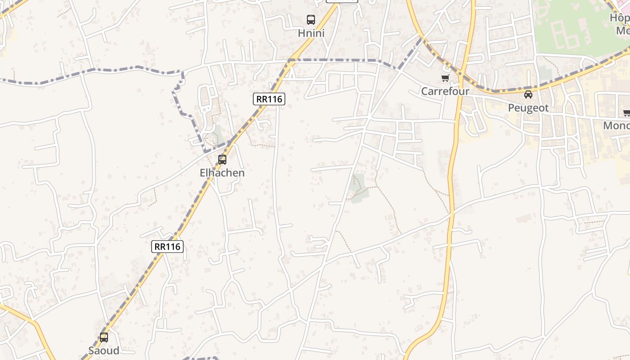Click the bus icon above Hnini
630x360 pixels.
[x=311, y=20]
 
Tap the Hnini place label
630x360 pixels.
[x=311, y=33]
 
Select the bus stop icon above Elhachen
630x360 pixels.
[x=222, y=159]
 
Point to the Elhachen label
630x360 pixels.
[x=222, y=173]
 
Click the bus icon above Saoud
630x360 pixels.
[x=104, y=337]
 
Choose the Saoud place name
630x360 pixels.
[x=104, y=351]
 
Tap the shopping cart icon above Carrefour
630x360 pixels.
[x=445, y=78]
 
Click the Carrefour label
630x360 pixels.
[x=445, y=91]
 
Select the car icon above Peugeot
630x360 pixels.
[x=528, y=94]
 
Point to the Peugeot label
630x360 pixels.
[x=528, y=108]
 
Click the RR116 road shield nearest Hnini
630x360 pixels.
[x=270, y=99]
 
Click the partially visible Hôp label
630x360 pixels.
[x=620, y=18]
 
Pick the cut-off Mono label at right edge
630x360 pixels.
[x=616, y=126]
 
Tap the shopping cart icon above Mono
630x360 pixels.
[x=626, y=112]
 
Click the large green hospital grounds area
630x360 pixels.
[x=571, y=27]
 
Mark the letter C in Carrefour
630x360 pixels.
[x=424, y=91]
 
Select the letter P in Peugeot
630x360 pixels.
[x=511, y=108]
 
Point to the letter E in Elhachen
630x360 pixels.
[x=202, y=173]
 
